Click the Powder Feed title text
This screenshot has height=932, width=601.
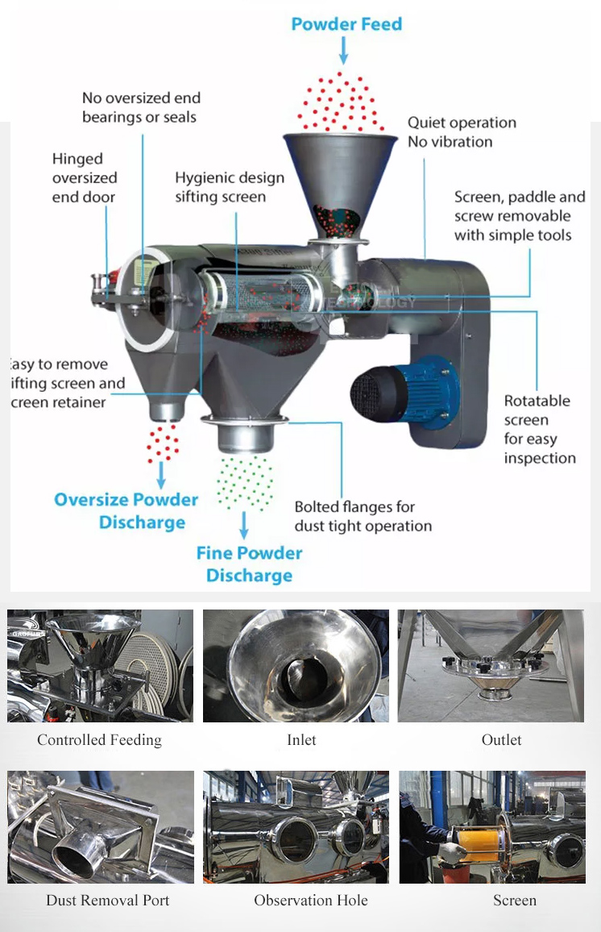[346, 24]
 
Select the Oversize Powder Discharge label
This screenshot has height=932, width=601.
[126, 510]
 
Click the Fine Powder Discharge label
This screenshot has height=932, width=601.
[249, 564]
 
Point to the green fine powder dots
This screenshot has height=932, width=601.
[245, 481]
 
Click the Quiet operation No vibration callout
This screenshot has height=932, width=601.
[462, 132]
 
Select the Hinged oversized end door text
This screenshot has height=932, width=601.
[85, 178]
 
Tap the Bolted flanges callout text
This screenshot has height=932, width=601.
[363, 516]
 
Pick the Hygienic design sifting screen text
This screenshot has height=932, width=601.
[230, 186]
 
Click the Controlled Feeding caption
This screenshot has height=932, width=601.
[99, 739]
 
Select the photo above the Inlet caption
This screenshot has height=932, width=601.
[296, 666]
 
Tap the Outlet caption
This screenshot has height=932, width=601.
[501, 739]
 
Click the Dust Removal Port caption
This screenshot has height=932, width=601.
[108, 900]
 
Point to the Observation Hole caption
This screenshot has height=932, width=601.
[311, 900]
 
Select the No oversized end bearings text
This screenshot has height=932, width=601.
[141, 107]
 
